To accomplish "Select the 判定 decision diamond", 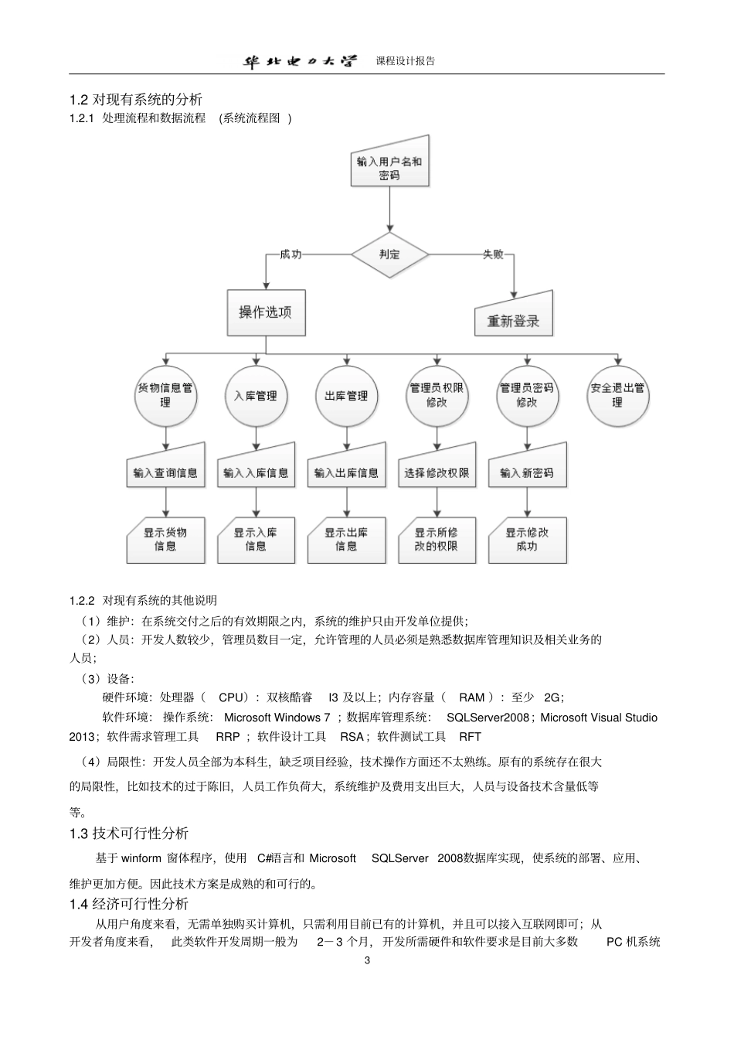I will pos(389,254).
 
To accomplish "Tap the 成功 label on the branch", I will pos(291,254).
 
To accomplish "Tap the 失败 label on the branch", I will pos(493,254).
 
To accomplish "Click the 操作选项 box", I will pos(266,312).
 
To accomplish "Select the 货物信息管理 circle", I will pos(165,395).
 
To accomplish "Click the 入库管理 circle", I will pos(256,395).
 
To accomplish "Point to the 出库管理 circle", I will pos(346,395).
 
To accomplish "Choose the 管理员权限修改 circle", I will pos(437,395).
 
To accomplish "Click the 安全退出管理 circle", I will pos(617,395).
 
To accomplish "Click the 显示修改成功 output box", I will pos(527,539).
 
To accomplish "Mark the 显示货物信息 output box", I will pos(165,539).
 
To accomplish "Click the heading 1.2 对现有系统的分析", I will pos(136,99).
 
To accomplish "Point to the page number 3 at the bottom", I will pos(367,960).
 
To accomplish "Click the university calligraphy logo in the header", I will pos(301,61).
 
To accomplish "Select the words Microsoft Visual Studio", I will pos(599,718).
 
